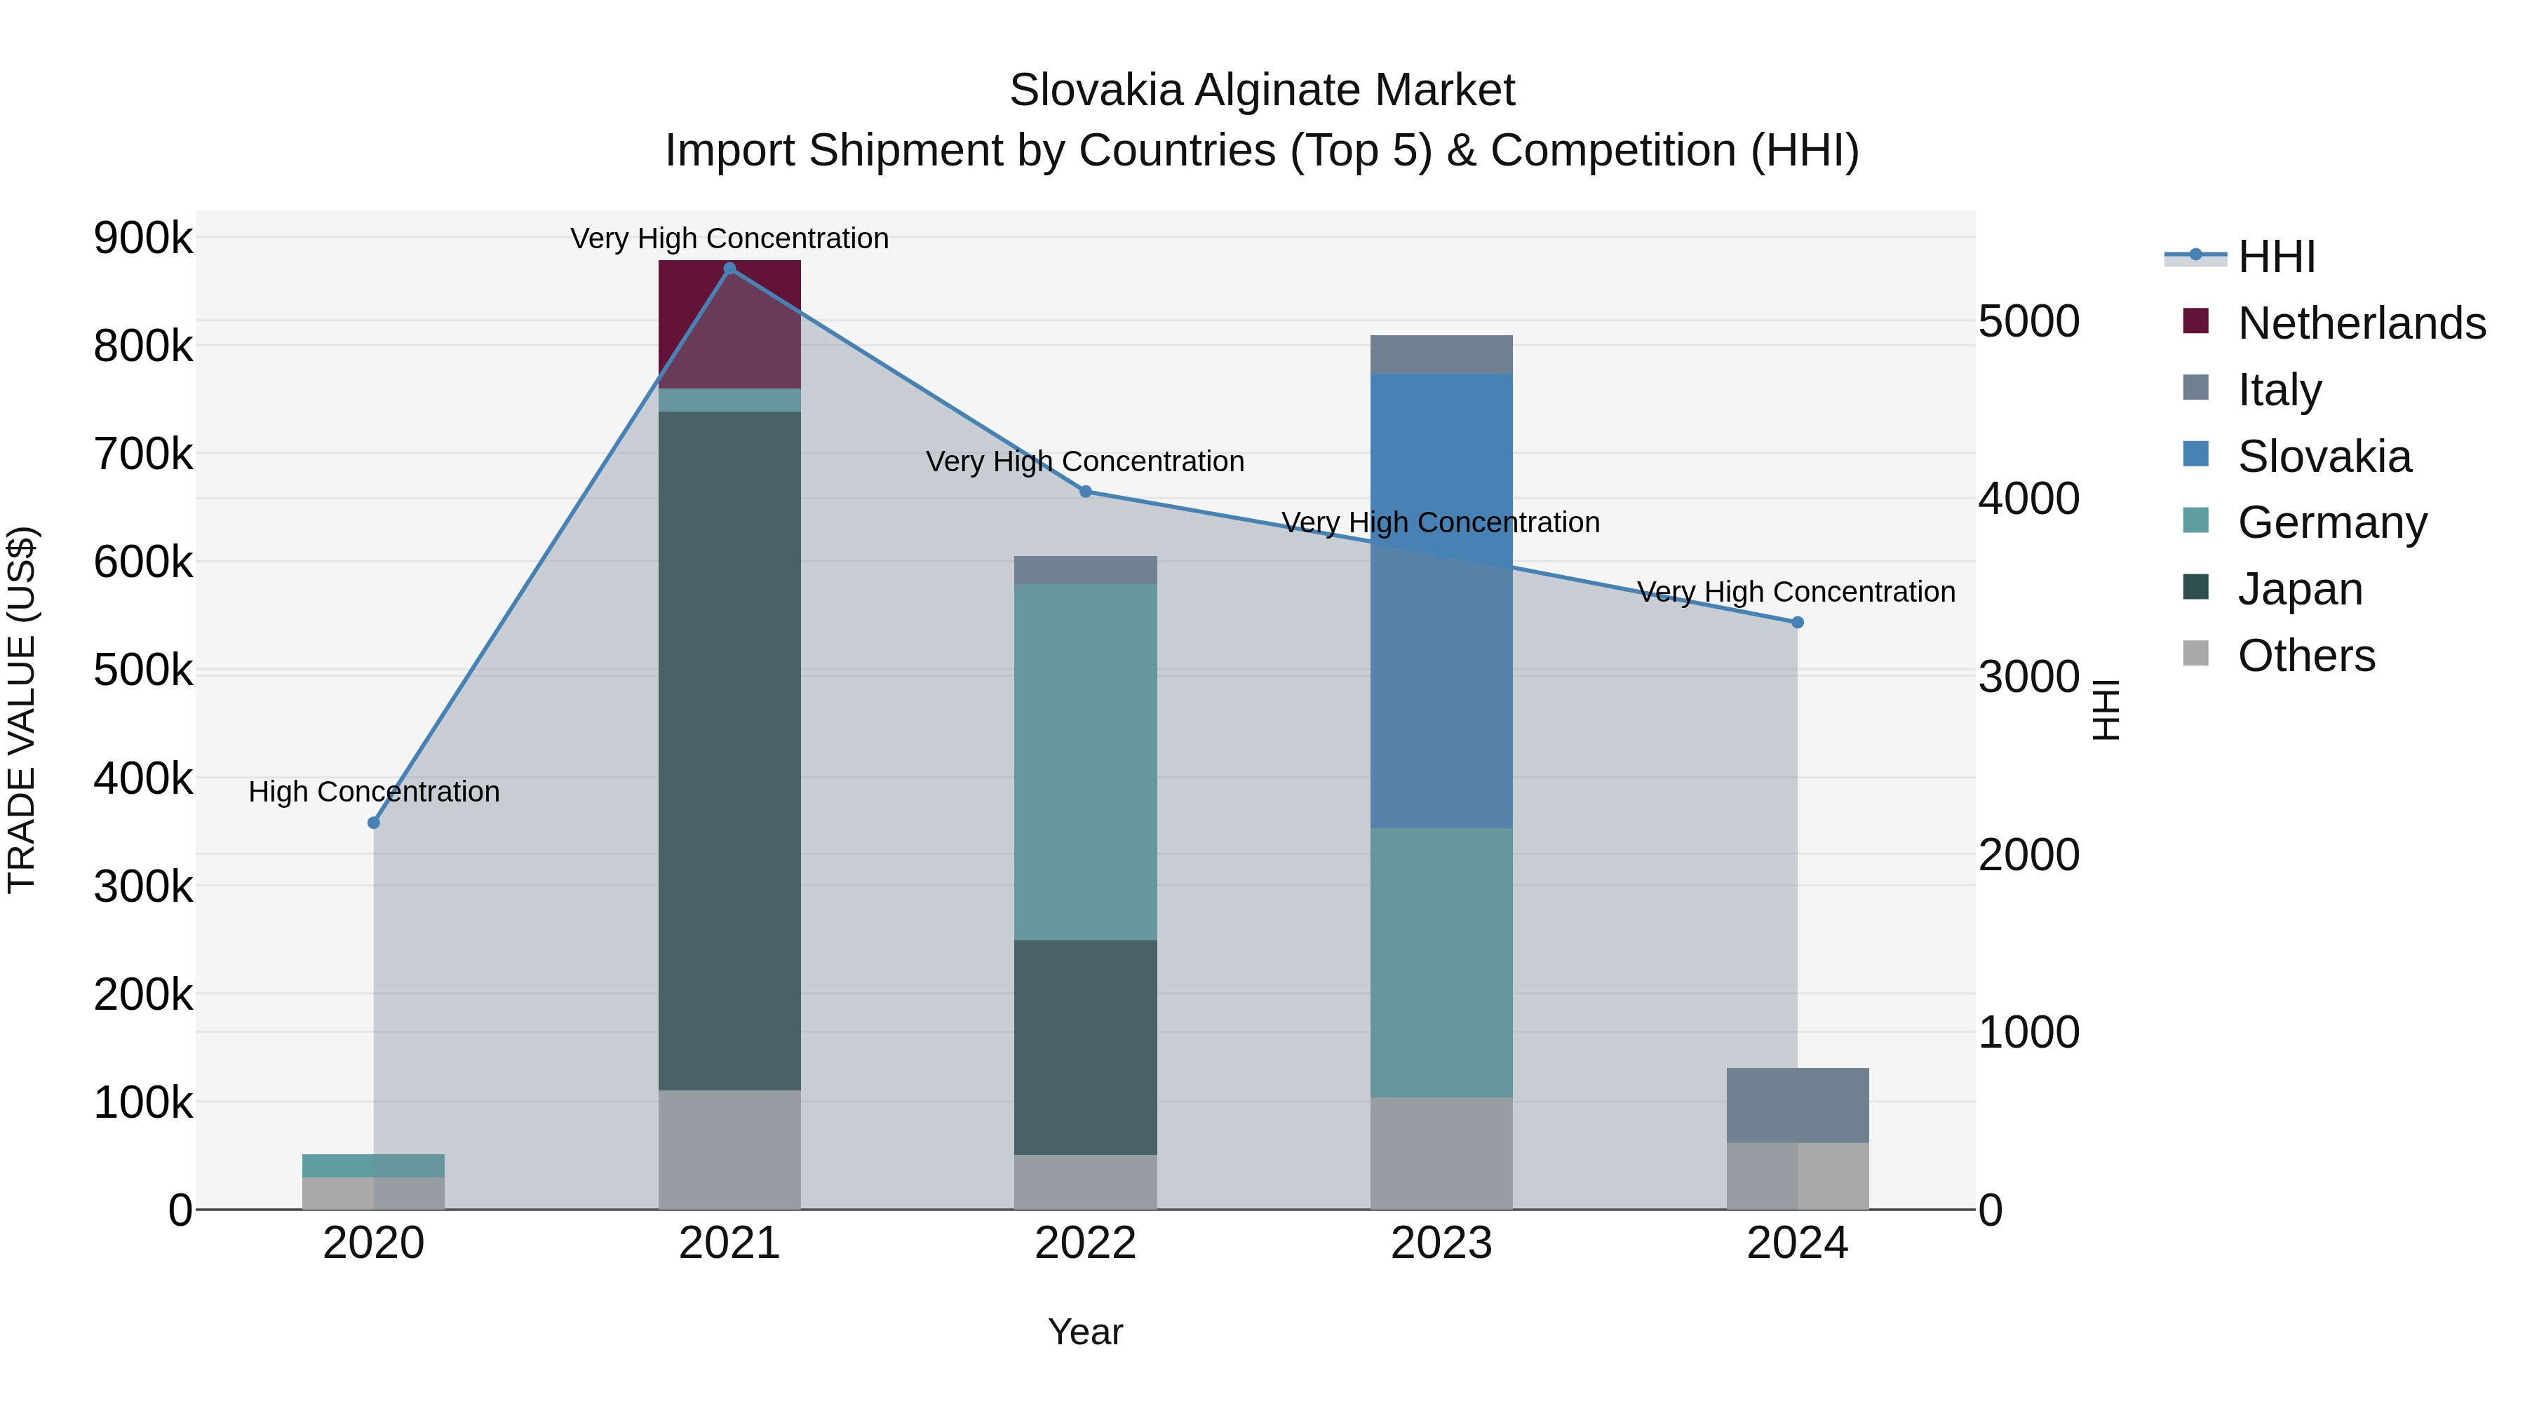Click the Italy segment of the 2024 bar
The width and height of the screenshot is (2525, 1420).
click(x=1797, y=1104)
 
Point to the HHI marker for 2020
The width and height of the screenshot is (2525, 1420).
click(x=373, y=823)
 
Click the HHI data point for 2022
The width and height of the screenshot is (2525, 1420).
click(x=1085, y=491)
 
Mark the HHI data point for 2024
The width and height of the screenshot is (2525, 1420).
click(x=1797, y=622)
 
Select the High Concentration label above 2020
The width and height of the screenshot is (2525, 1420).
click(x=373, y=791)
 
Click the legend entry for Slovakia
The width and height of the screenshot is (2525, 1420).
click(x=2323, y=456)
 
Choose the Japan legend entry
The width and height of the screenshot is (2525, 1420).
click(x=2300, y=589)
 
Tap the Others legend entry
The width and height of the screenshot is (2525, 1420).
click(x=2305, y=656)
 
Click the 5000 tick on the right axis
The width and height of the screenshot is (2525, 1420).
click(x=2028, y=321)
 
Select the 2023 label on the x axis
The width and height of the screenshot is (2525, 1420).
click(x=1441, y=1243)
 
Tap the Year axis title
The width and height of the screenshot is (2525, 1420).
click(x=1085, y=1332)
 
